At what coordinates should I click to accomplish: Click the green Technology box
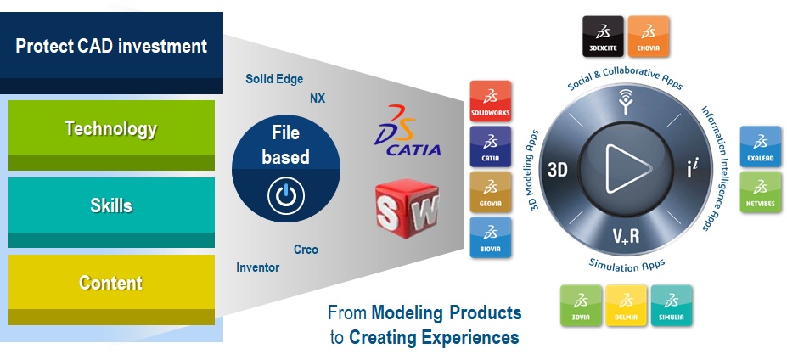click(x=111, y=135)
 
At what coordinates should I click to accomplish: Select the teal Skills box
click(x=111, y=212)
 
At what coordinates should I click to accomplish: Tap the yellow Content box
click(x=111, y=290)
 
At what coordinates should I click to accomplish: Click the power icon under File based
click(x=286, y=196)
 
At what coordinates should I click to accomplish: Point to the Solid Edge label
click(x=274, y=79)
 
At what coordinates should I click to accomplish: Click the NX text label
click(x=318, y=98)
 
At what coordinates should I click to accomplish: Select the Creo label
click(x=306, y=250)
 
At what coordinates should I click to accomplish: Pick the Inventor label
click(x=257, y=267)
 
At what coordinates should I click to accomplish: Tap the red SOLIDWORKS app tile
click(x=491, y=101)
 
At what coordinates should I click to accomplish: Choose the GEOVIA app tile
click(x=491, y=192)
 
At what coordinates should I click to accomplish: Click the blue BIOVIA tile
click(x=491, y=237)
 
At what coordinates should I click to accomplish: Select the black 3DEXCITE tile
click(x=603, y=37)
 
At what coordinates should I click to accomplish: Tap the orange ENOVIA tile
click(x=648, y=37)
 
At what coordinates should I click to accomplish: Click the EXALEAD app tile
click(x=761, y=146)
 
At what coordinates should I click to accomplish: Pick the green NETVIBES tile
click(x=761, y=192)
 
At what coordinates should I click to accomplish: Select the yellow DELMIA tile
click(x=626, y=306)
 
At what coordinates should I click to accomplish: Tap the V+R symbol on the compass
click(x=626, y=235)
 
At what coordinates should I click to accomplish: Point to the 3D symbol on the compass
click(x=557, y=170)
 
